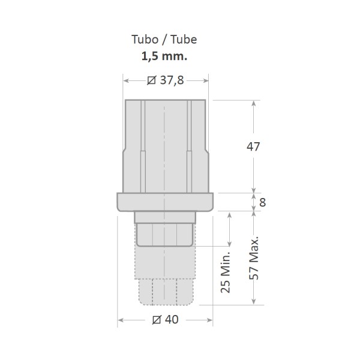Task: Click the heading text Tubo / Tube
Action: tap(164, 40)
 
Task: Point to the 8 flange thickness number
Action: tap(263, 202)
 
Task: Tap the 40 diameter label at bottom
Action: tap(171, 320)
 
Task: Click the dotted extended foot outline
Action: tap(165, 282)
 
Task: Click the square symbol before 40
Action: tap(157, 320)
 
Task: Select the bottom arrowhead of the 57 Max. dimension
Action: tap(254, 301)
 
